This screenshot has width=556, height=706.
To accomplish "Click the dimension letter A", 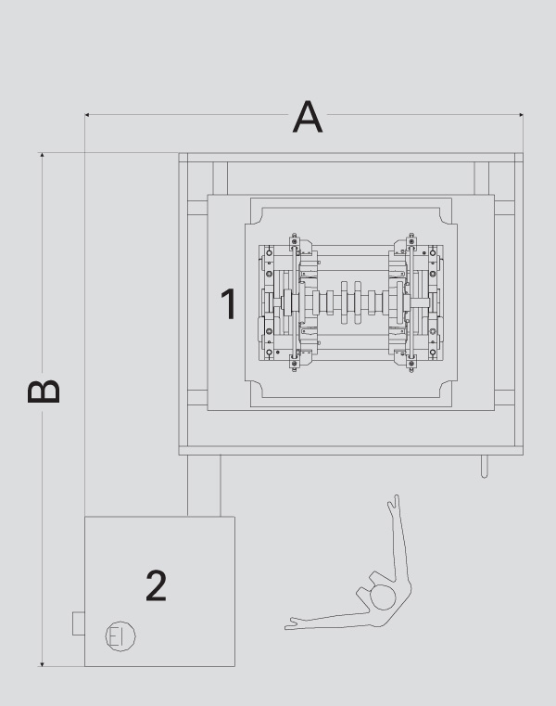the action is click(308, 117).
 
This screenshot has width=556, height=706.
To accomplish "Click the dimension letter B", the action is click(44, 392).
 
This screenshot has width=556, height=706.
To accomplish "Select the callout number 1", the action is click(230, 304).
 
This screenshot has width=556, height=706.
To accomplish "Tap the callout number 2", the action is click(156, 585).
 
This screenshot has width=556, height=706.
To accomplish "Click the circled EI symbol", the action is click(120, 635).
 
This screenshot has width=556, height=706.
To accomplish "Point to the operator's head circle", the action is click(383, 597).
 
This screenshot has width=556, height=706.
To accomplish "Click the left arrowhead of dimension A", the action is click(87, 115).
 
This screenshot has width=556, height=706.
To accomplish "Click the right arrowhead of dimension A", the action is click(521, 115).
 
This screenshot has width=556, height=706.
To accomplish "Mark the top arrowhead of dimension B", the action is click(42, 155).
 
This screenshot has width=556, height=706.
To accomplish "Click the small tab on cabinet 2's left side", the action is click(79, 623).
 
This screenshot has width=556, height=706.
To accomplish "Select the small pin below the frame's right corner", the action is click(484, 467).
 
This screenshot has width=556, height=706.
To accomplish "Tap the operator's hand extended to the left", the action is click(292, 623).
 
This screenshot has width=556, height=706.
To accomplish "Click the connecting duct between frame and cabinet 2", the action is click(204, 485).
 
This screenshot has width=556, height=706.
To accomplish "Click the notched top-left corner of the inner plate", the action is click(254, 216).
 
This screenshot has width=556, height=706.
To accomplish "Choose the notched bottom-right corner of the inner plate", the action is click(449, 390).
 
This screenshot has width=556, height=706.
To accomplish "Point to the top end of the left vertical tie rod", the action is click(294, 236).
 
